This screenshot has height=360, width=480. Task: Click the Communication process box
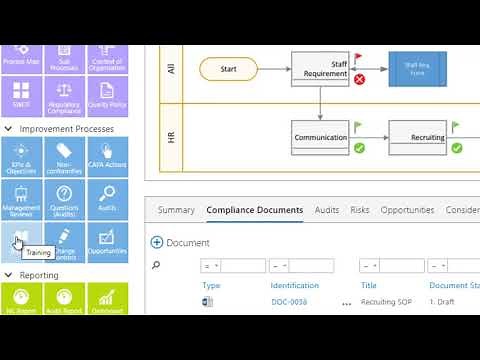click(x=320, y=138)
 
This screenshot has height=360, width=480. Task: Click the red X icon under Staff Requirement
click(x=359, y=79)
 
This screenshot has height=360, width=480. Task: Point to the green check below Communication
click(x=359, y=148)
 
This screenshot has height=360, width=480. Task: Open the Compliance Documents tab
click(x=254, y=210)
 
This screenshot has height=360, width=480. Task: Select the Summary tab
click(x=176, y=210)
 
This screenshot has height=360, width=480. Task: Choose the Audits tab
click(x=327, y=210)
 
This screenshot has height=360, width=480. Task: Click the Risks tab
click(x=360, y=210)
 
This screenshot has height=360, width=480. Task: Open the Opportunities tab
click(x=407, y=210)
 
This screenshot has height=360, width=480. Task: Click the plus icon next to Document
click(x=156, y=243)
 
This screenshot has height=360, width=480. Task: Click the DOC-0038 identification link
click(x=289, y=301)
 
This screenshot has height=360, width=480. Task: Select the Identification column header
click(x=294, y=285)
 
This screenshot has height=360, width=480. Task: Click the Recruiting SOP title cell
click(x=386, y=301)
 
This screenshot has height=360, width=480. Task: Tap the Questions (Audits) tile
click(x=64, y=197)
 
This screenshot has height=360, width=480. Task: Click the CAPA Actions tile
click(x=107, y=155)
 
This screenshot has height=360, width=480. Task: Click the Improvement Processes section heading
click(x=66, y=129)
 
